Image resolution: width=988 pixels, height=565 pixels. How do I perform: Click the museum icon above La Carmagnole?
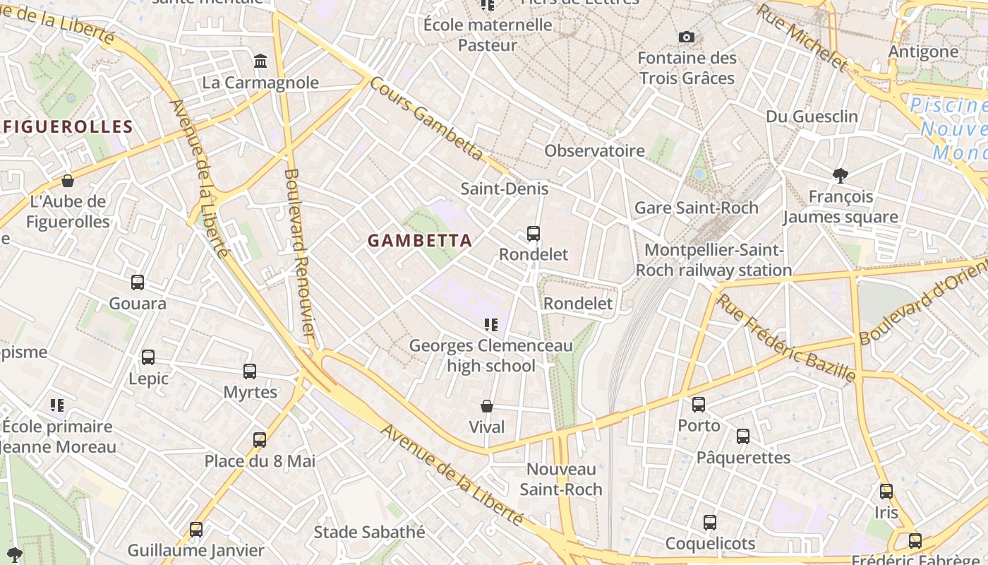click(260, 61)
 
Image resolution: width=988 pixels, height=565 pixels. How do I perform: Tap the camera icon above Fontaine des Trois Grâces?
click(686, 37)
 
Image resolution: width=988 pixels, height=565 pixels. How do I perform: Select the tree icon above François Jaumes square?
click(840, 175)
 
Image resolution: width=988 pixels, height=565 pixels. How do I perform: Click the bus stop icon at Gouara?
click(138, 282)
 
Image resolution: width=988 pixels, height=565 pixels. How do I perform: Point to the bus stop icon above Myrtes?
click(250, 371)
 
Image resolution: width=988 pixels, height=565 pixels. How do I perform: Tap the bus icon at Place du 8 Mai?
click(260, 440)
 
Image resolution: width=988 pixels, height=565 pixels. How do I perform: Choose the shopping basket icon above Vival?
click(487, 406)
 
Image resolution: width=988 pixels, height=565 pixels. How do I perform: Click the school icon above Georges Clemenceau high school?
click(491, 325)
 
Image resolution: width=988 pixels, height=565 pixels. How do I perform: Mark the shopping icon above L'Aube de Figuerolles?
click(68, 181)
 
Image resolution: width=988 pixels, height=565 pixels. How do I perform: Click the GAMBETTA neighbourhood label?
click(420, 240)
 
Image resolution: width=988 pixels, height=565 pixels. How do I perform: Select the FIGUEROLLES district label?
click(68, 127)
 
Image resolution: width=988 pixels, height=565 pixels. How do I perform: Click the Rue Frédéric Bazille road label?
click(786, 338)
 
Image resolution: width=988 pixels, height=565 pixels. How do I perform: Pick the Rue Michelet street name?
click(802, 37)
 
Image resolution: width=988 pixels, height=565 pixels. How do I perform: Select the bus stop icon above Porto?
click(699, 405)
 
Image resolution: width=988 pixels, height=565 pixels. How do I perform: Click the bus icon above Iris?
click(886, 491)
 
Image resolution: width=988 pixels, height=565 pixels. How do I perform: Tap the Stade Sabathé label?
click(369, 532)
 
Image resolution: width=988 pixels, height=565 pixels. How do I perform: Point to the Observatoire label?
click(594, 150)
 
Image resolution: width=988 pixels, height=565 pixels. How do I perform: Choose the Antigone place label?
click(923, 52)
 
